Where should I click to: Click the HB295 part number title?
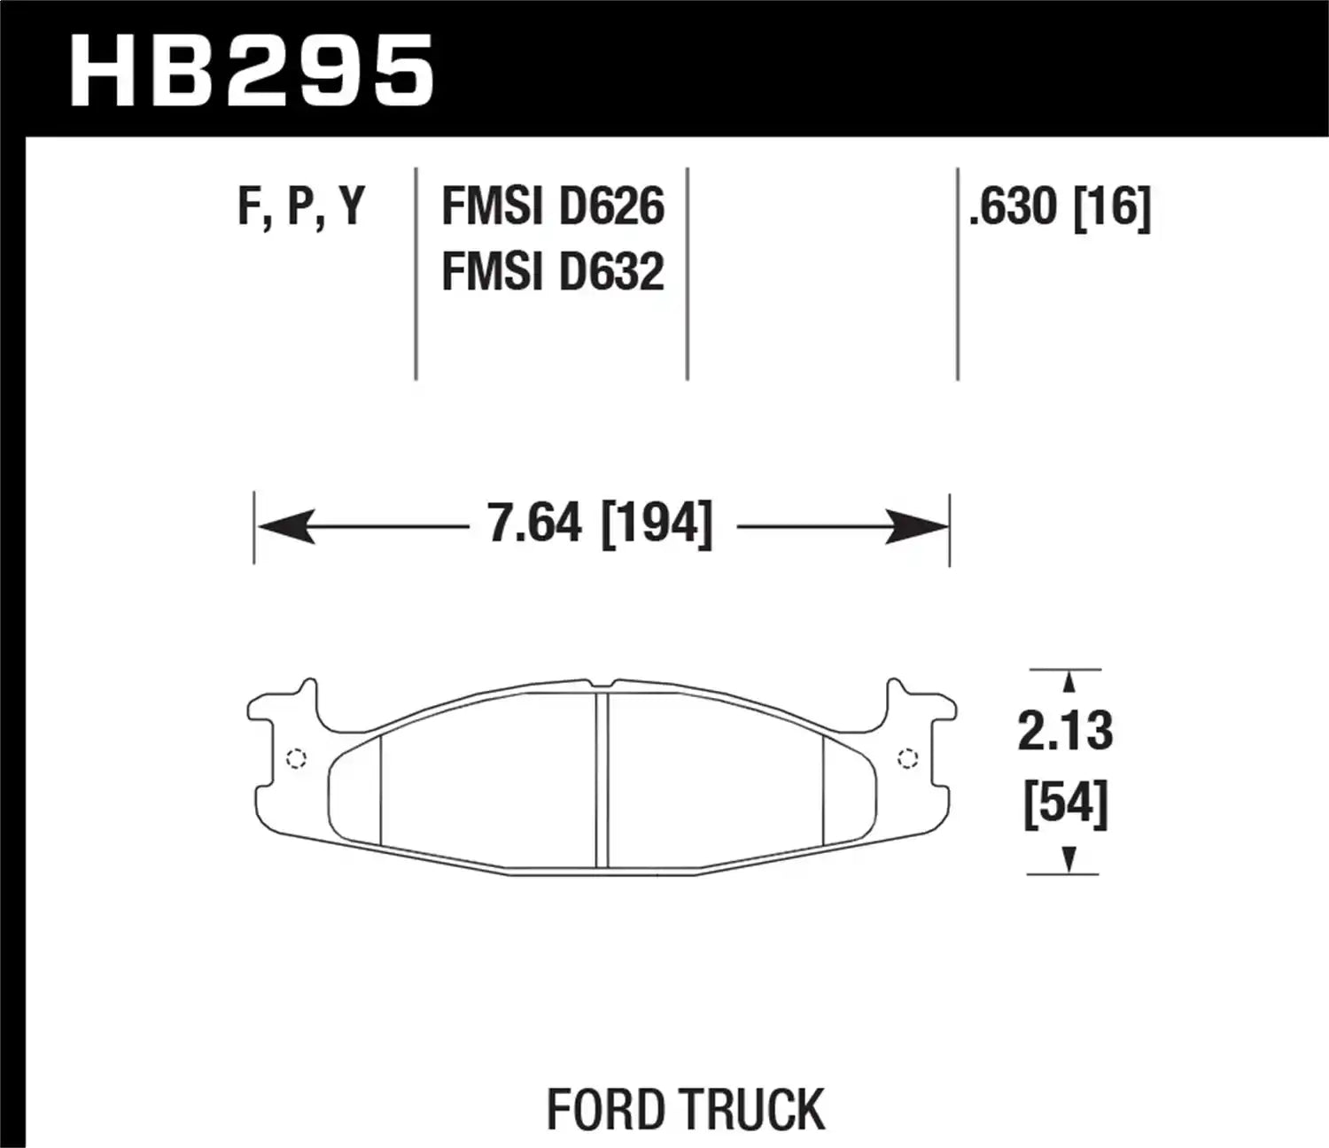tap(252, 71)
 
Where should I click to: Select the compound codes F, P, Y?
tap(301, 206)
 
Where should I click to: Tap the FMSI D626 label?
tap(552, 206)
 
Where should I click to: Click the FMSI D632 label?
tap(552, 271)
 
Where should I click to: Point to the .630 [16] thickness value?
tap(1060, 206)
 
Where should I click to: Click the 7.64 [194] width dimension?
tap(600, 524)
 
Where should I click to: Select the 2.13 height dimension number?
tap(1065, 732)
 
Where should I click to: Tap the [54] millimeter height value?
tap(1065, 805)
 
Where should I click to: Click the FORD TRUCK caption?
tap(685, 1109)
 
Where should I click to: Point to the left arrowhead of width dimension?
tap(285, 527)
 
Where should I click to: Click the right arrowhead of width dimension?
tap(918, 527)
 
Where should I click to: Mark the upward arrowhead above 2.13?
tap(1069, 682)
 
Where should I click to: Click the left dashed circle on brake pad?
tap(297, 758)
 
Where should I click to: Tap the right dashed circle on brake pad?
tap(907, 758)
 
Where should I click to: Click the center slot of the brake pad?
tap(602, 780)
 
